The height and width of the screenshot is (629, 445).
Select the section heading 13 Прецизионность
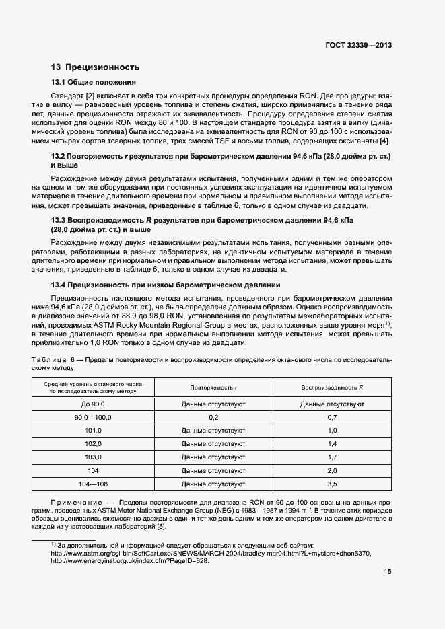pos(95,67)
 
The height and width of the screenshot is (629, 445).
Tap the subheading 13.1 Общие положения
pos(94,83)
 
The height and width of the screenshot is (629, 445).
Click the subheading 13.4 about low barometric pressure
pos(166,285)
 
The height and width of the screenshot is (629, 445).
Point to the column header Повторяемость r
pos(213,388)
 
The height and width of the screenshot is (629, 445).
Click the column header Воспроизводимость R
pos(332,388)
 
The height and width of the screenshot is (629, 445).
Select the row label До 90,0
pos(93,404)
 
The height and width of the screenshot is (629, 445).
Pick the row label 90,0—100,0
pos(93,417)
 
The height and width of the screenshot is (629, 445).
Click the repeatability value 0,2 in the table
pos(213,417)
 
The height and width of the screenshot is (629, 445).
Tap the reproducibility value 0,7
pos(332,417)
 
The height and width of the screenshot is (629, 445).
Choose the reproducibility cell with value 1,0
pos(332,431)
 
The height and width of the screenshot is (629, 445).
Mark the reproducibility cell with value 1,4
pos(332,444)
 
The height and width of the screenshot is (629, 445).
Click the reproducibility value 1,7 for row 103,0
pos(332,457)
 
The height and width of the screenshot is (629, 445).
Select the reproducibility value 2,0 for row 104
pos(332,471)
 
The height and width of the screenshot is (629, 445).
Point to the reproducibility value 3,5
pos(332,484)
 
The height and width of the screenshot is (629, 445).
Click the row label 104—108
pos(93,484)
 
